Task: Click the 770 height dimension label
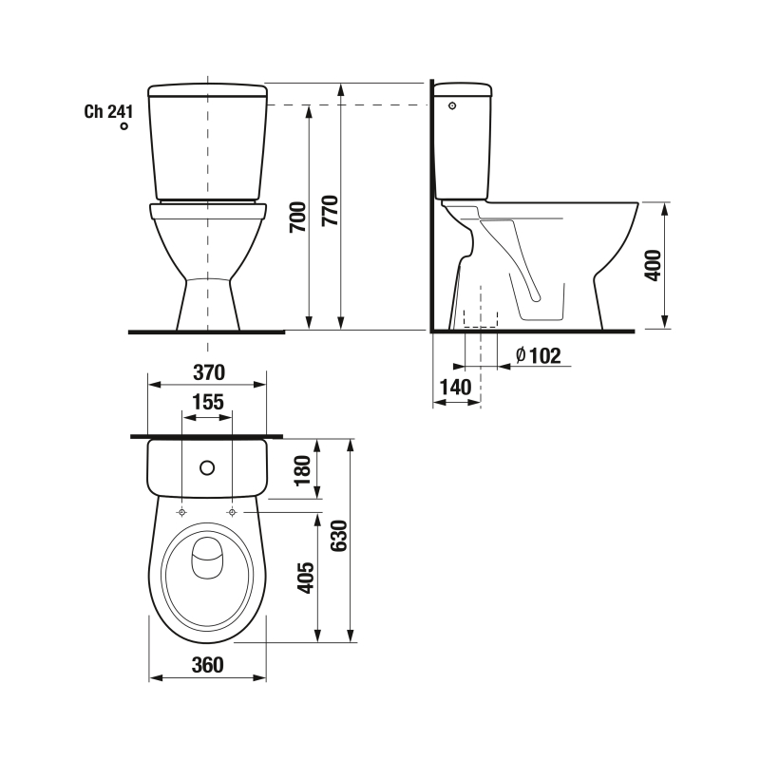pos(331,210)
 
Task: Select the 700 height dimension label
pos(298,218)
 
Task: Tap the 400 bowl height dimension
pos(653,265)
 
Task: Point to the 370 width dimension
pos(209,372)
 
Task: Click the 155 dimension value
pos(208,402)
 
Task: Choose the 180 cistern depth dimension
pos(302,470)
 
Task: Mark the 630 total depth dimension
pos(339,536)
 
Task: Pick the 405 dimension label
pos(305,578)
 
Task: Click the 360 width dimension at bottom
pos(207,665)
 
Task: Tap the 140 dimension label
pos(455,388)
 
